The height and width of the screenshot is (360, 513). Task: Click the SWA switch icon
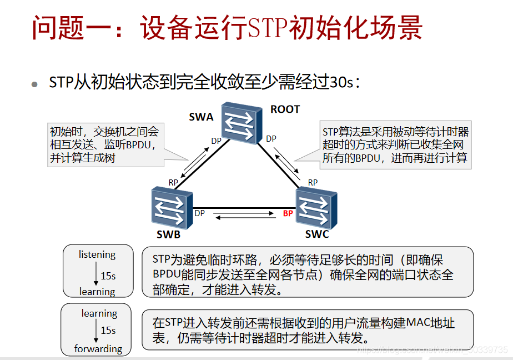click(x=240, y=123)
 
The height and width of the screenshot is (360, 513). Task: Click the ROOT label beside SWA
click(x=285, y=109)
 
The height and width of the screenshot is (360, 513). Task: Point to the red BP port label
click(x=288, y=213)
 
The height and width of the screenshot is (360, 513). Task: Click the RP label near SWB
click(x=173, y=182)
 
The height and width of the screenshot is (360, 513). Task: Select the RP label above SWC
click(x=313, y=182)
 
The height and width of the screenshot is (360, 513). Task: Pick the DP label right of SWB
click(x=200, y=213)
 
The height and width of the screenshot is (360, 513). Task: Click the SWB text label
click(x=168, y=234)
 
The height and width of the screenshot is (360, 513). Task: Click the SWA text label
click(x=201, y=117)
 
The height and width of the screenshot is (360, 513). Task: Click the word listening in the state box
click(x=97, y=254)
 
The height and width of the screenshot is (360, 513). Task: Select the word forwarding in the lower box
click(x=98, y=349)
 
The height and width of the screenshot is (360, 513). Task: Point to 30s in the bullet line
click(x=341, y=83)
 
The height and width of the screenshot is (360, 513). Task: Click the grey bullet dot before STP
click(x=35, y=84)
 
